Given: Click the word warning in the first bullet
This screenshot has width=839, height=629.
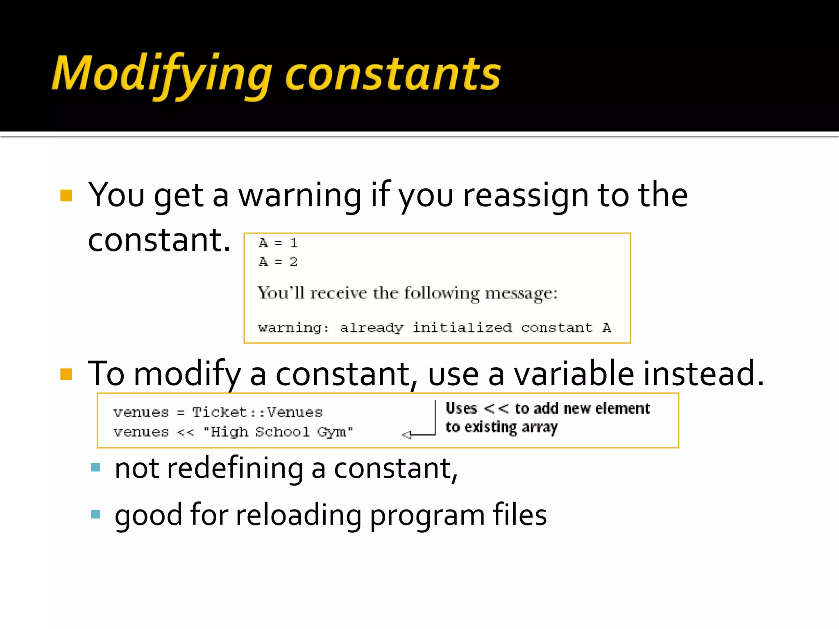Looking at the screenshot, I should pos(300,195).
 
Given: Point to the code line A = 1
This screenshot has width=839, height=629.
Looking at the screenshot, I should pos(278,243).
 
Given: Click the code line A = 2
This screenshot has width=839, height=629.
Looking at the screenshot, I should pos(278,262).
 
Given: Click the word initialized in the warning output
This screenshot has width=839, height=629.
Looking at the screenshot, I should pos(462,328).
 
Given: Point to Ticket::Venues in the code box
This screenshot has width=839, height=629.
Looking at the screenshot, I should pos(257,412).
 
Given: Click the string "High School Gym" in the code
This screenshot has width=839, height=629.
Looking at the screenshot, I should pos(278,432).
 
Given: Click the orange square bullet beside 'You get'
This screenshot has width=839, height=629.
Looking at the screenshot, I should pos(66,195).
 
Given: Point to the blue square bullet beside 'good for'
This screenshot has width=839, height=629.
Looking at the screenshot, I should pos(95,514).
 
